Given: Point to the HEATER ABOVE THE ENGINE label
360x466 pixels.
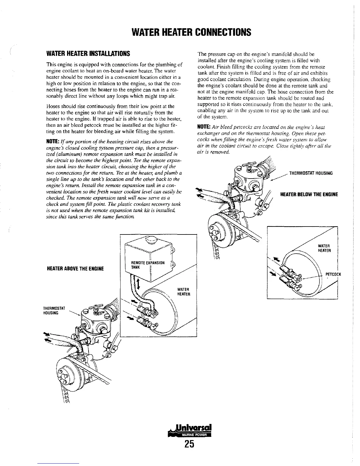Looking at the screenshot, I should [75, 269].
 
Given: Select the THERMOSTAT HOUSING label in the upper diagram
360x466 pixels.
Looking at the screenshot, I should [311, 173].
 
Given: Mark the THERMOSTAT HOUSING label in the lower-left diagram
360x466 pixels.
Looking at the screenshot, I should [51, 311].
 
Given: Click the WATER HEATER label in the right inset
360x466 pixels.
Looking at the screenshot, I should [325, 248].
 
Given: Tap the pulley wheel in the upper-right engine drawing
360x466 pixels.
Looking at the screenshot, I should [218, 229].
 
